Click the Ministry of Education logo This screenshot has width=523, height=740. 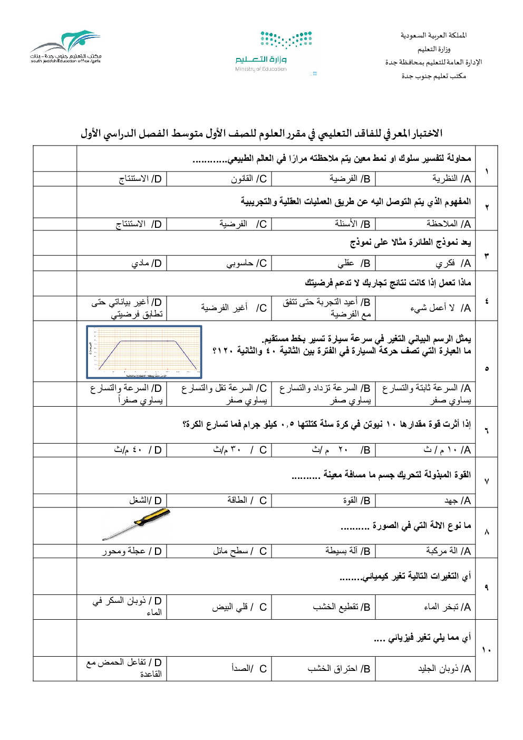[274, 52]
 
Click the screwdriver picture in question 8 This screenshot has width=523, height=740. [136, 524]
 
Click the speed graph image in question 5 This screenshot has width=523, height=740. [144, 352]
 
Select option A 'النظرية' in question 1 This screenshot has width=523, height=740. [451, 179]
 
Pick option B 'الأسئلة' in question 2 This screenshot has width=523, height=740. [352, 224]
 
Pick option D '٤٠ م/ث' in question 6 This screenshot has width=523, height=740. [138, 450]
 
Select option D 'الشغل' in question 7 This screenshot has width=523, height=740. [146, 501]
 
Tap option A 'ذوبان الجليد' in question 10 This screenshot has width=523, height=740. [444, 669]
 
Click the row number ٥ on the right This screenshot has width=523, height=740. [487, 369]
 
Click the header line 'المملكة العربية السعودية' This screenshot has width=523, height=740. [433, 35]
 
